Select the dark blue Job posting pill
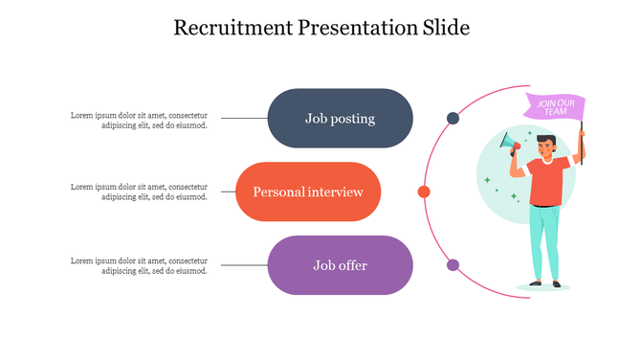tap(340, 119)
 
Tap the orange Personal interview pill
tap(308, 191)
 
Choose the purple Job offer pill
tap(340, 265)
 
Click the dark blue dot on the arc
tap(453, 119)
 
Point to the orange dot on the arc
tap(424, 191)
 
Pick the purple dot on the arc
tap(453, 265)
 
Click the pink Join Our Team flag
tap(556, 108)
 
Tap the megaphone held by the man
tap(508, 145)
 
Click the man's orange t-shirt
tap(546, 179)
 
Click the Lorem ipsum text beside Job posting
tap(139, 120)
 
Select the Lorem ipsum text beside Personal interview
tap(139, 191)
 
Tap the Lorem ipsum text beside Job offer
tap(139, 265)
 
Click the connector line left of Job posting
tap(245, 119)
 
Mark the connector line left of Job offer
tap(245, 265)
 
